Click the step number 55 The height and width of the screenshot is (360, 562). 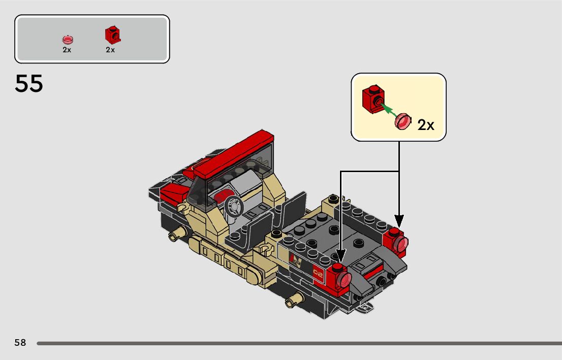pyautogui.click(x=28, y=83)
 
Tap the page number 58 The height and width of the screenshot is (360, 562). pyautogui.click(x=20, y=342)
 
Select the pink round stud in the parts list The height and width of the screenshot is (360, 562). pyautogui.click(x=68, y=40)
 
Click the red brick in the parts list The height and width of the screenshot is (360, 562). pyautogui.click(x=113, y=35)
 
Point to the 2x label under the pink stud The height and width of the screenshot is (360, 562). pyautogui.click(x=67, y=50)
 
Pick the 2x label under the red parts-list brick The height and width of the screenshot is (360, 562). pyautogui.click(x=110, y=50)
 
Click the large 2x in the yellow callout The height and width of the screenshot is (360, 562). pyautogui.click(x=426, y=125)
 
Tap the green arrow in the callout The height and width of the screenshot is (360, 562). pyautogui.click(x=389, y=110)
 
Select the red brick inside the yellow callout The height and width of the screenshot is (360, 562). pyautogui.click(x=373, y=99)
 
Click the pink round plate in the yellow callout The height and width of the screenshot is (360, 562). pyautogui.click(x=403, y=121)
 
